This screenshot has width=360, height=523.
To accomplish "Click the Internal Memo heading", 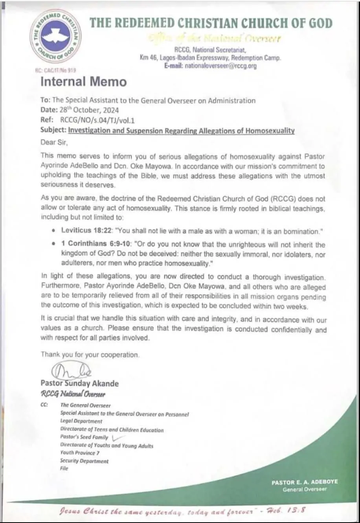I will coord(84,82).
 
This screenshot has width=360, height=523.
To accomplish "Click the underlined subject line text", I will coord(181,131).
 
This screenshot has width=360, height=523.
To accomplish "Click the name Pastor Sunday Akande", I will coord(79,383).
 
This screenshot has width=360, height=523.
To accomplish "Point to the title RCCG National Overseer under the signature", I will coord(73,394).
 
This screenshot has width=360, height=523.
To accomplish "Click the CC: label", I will coord(44,405).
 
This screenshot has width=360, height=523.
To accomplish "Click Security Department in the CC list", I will coord(84,461).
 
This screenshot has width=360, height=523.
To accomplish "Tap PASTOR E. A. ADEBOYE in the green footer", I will coord(305,482).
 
